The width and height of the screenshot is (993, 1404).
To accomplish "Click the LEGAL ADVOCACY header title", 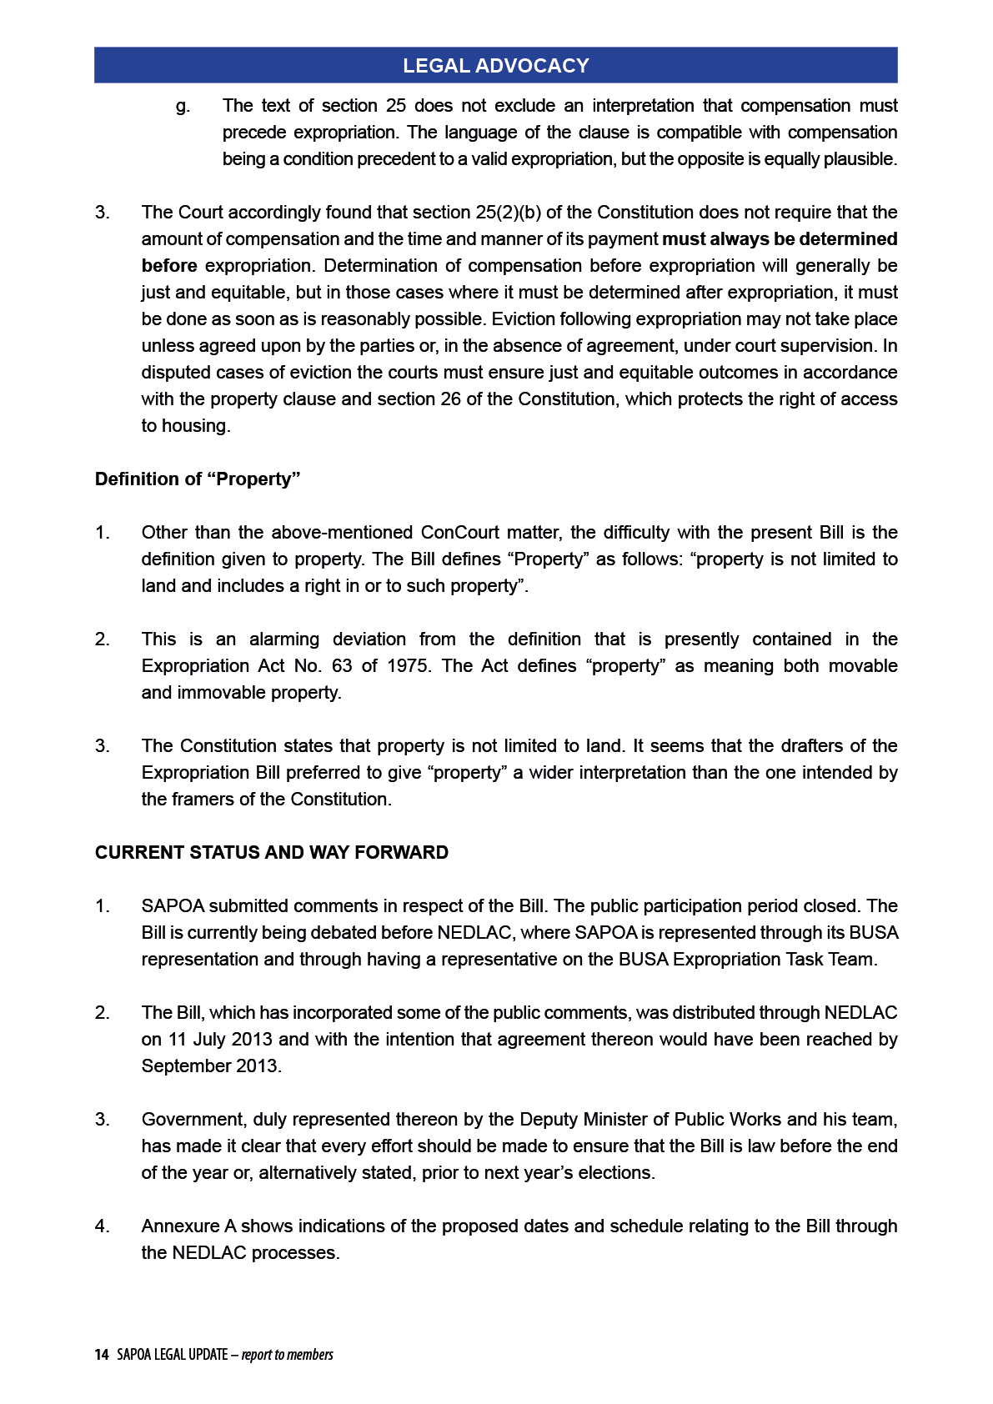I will [x=495, y=66].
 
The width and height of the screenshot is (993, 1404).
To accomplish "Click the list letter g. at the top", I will [x=183, y=106].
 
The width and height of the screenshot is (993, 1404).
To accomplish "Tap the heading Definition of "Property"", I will [x=198, y=479].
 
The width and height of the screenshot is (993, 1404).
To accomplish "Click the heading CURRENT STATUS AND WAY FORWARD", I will [x=272, y=853].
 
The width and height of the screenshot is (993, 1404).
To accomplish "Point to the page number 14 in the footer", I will [x=102, y=1355].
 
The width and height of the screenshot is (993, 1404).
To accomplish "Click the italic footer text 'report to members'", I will [x=288, y=1355].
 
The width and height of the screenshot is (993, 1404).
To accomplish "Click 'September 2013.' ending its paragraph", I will [x=212, y=1066].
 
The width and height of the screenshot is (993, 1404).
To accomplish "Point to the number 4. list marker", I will [x=102, y=1226].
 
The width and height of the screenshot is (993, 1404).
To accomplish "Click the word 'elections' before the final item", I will [x=615, y=1173].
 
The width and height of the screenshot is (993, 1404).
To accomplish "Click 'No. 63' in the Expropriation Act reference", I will [x=313, y=666].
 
